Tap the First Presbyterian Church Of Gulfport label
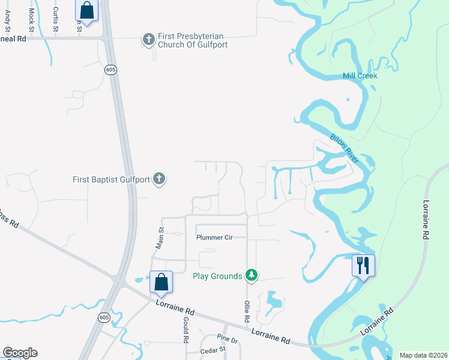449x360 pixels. [x=193, y=40]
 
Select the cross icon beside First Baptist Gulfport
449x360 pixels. [x=159, y=179]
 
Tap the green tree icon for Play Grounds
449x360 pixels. [x=252, y=275]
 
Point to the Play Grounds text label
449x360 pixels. [x=217, y=276]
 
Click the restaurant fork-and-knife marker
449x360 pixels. [x=363, y=265]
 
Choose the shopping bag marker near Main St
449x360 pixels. [x=161, y=281]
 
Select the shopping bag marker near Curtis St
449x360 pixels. [x=87, y=11]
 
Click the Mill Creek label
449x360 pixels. [x=360, y=76]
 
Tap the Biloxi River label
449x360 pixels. [x=344, y=148]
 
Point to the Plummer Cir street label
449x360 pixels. [x=214, y=238]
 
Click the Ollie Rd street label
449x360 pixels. [x=246, y=311]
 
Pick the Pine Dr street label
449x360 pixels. [x=228, y=340]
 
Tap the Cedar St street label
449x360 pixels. [x=212, y=349]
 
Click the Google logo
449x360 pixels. [x=20, y=353]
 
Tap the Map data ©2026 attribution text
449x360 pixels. [x=423, y=355]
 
